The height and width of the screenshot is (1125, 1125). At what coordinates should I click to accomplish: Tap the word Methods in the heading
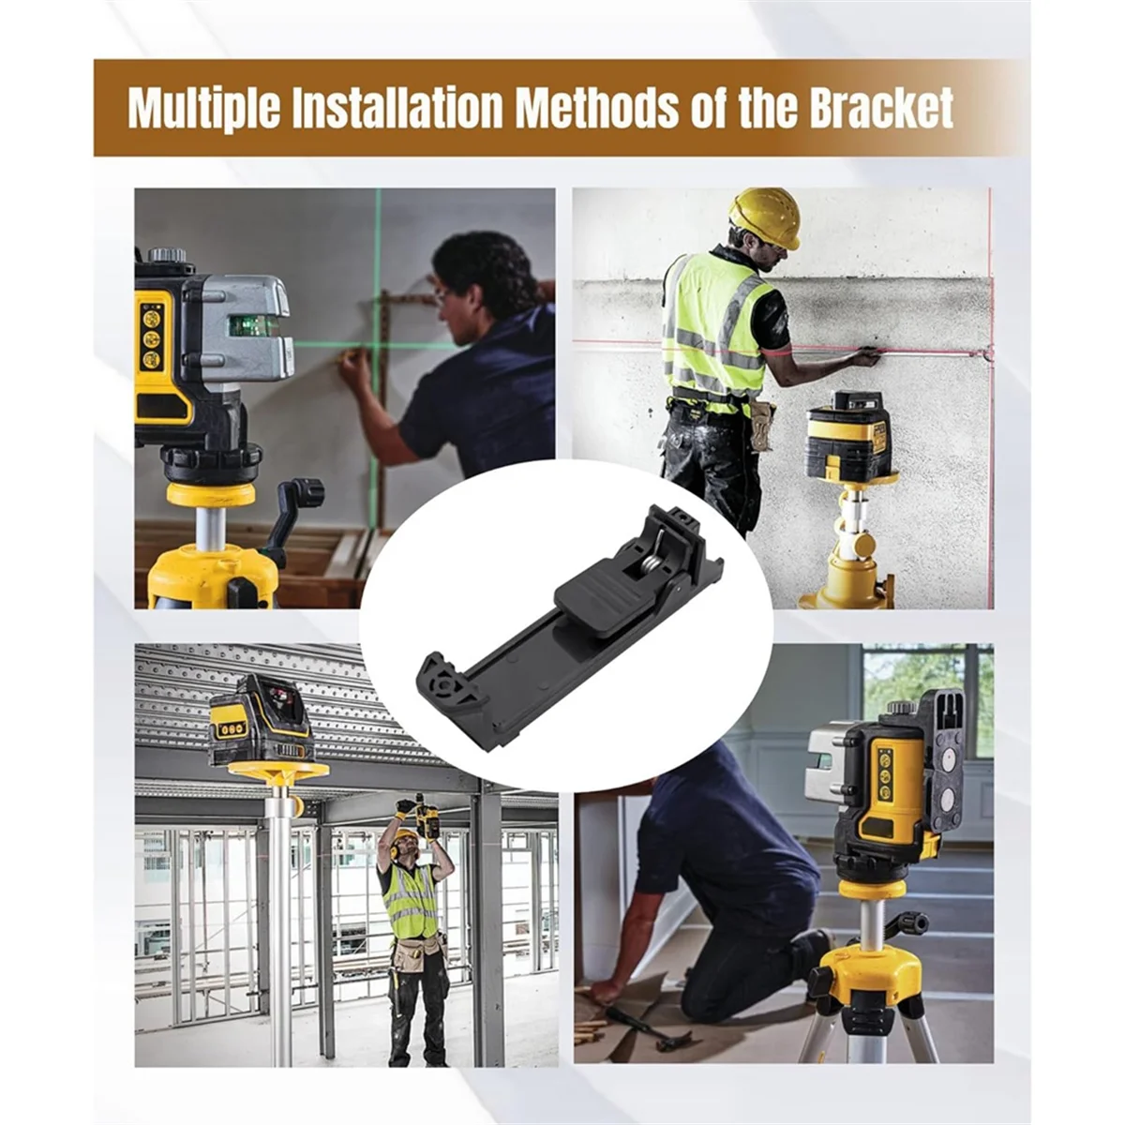pyautogui.click(x=597, y=108)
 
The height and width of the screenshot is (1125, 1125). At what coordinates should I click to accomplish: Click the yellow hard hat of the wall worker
pyautogui.click(x=766, y=217)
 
